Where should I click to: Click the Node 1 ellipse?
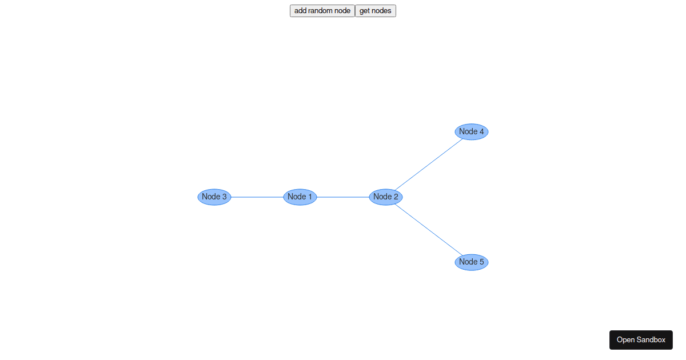pyautogui.click(x=300, y=197)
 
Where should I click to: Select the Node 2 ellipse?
pyautogui.click(x=385, y=197)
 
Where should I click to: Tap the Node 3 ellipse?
pyautogui.click(x=214, y=197)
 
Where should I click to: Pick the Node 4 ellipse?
pyautogui.click(x=471, y=131)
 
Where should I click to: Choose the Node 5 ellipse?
pyautogui.click(x=471, y=262)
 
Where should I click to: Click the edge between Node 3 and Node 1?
pyautogui.click(x=257, y=197)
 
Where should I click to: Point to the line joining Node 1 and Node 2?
pyautogui.click(x=342, y=197)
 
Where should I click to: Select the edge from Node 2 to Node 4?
pyautogui.click(x=429, y=165)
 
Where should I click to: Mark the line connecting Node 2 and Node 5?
pyautogui.click(x=429, y=230)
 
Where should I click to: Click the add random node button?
pyautogui.click(x=322, y=11)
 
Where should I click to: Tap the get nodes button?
pyautogui.click(x=376, y=11)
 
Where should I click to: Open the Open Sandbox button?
pyautogui.click(x=641, y=340)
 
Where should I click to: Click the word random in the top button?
pyautogui.click(x=320, y=11)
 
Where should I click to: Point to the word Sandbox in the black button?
pyautogui.click(x=651, y=340)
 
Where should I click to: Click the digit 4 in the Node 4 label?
pyautogui.click(x=482, y=131)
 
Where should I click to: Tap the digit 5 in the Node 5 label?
pyautogui.click(x=482, y=262)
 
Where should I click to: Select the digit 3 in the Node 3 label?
pyautogui.click(x=225, y=197)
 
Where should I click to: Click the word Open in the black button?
pyautogui.click(x=625, y=340)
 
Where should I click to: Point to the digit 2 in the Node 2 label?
pyautogui.click(x=396, y=197)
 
